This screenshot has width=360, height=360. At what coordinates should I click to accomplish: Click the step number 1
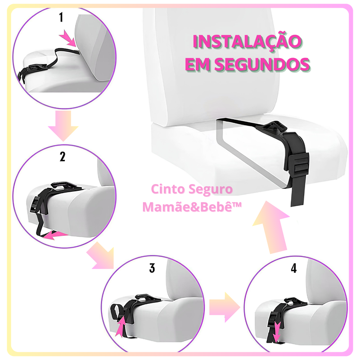point(61,18)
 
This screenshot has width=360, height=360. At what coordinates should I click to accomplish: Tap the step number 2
point(63,157)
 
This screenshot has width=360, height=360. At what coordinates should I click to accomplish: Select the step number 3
point(152,268)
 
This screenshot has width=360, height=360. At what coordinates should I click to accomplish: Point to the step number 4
point(293,269)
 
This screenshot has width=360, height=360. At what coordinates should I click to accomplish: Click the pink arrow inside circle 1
point(69,39)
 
